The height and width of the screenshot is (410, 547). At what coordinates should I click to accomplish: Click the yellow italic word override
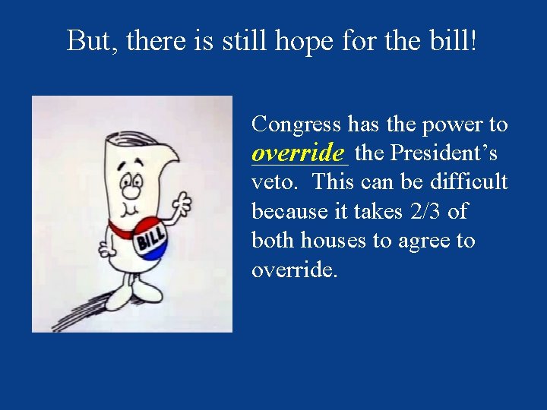coord(299,153)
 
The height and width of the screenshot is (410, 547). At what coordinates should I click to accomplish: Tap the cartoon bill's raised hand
coord(182,203)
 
